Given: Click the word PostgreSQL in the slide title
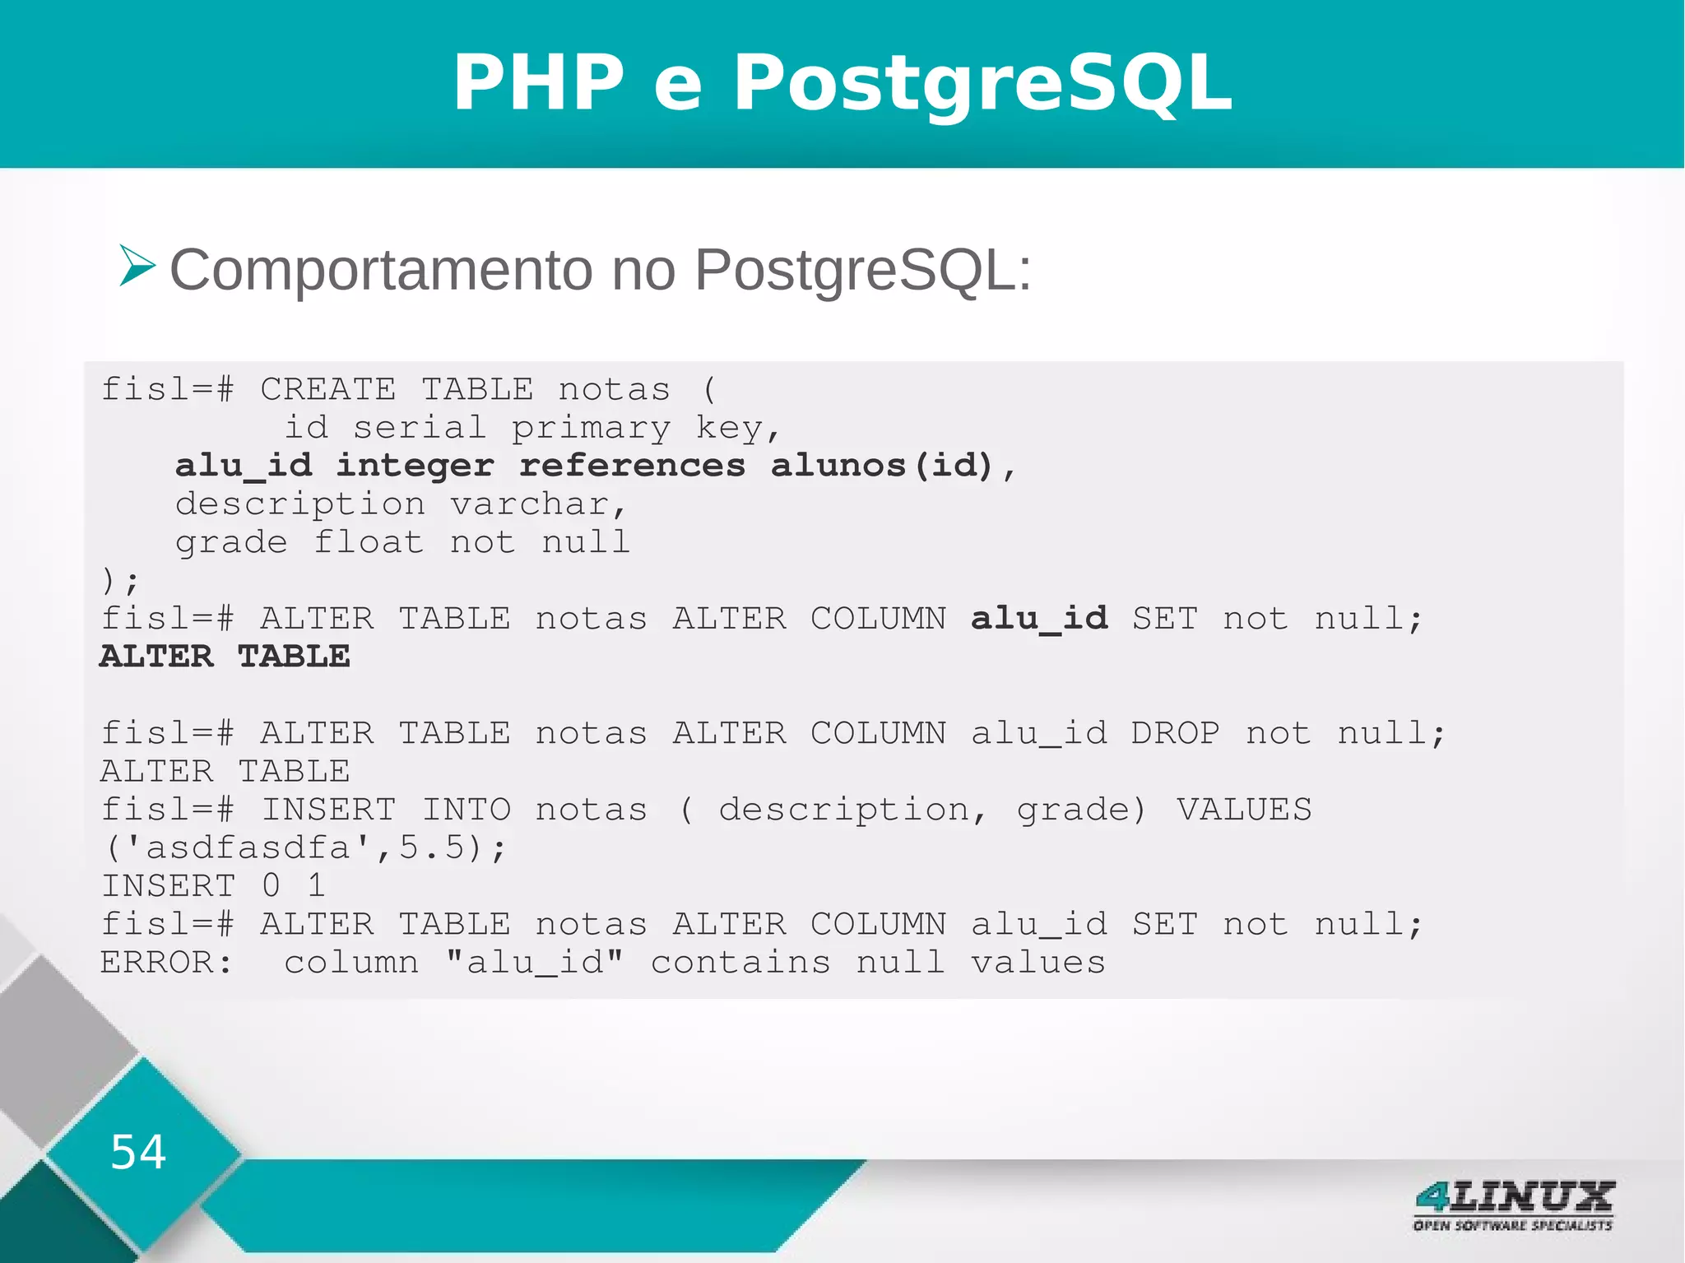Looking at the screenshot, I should pyautogui.click(x=982, y=83).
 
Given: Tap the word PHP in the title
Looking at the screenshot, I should pyautogui.click(x=539, y=83).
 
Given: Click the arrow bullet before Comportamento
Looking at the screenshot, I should pyautogui.click(x=137, y=266).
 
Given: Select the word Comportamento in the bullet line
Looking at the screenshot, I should pyautogui.click(x=380, y=270).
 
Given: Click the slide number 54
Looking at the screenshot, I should pyautogui.click(x=138, y=1151).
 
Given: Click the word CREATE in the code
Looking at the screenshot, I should pyautogui.click(x=327, y=389).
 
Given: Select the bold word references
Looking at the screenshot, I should pyautogui.click(x=632, y=466).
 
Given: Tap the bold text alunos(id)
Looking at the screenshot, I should pyautogui.click(x=882, y=466).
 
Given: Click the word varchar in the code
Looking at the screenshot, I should pyautogui.click(x=530, y=504).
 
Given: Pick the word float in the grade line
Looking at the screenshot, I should pyautogui.click(x=368, y=542).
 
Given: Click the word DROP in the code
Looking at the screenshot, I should pyautogui.click(x=1175, y=733).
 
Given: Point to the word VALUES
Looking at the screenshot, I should pyautogui.click(x=1243, y=810).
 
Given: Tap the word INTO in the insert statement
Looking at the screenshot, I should pyautogui.click(x=466, y=810).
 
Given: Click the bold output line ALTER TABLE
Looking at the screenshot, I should pyautogui.click(x=225, y=657).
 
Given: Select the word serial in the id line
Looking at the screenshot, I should pyautogui.click(x=420, y=428).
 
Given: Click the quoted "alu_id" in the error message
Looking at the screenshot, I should pyautogui.click(x=534, y=963).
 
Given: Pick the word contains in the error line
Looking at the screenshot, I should pyautogui.click(x=740, y=963).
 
